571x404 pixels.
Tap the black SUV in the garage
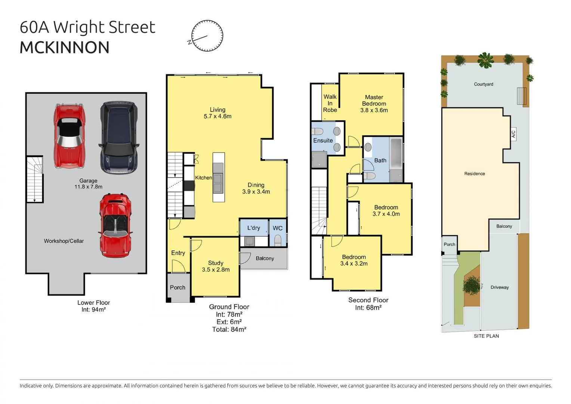(119, 137)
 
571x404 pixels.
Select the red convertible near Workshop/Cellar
(115, 225)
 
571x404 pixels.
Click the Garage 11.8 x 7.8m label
(88, 184)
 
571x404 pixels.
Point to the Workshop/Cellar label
(64, 241)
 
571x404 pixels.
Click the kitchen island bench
(219, 177)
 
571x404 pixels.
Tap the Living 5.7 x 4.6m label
(217, 113)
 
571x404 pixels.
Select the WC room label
(278, 228)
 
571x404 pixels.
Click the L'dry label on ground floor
(253, 228)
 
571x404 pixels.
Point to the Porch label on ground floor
(178, 287)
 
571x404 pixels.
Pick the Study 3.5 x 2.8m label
(216, 266)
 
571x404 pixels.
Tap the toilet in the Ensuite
(318, 132)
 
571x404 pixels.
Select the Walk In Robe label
(330, 103)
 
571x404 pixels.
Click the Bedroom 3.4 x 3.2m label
(354, 260)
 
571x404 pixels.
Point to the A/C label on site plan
(513, 134)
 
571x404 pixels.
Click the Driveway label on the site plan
(500, 287)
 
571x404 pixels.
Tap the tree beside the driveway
(472, 285)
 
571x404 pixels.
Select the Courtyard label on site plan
(484, 84)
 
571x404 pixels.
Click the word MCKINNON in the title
(65, 48)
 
